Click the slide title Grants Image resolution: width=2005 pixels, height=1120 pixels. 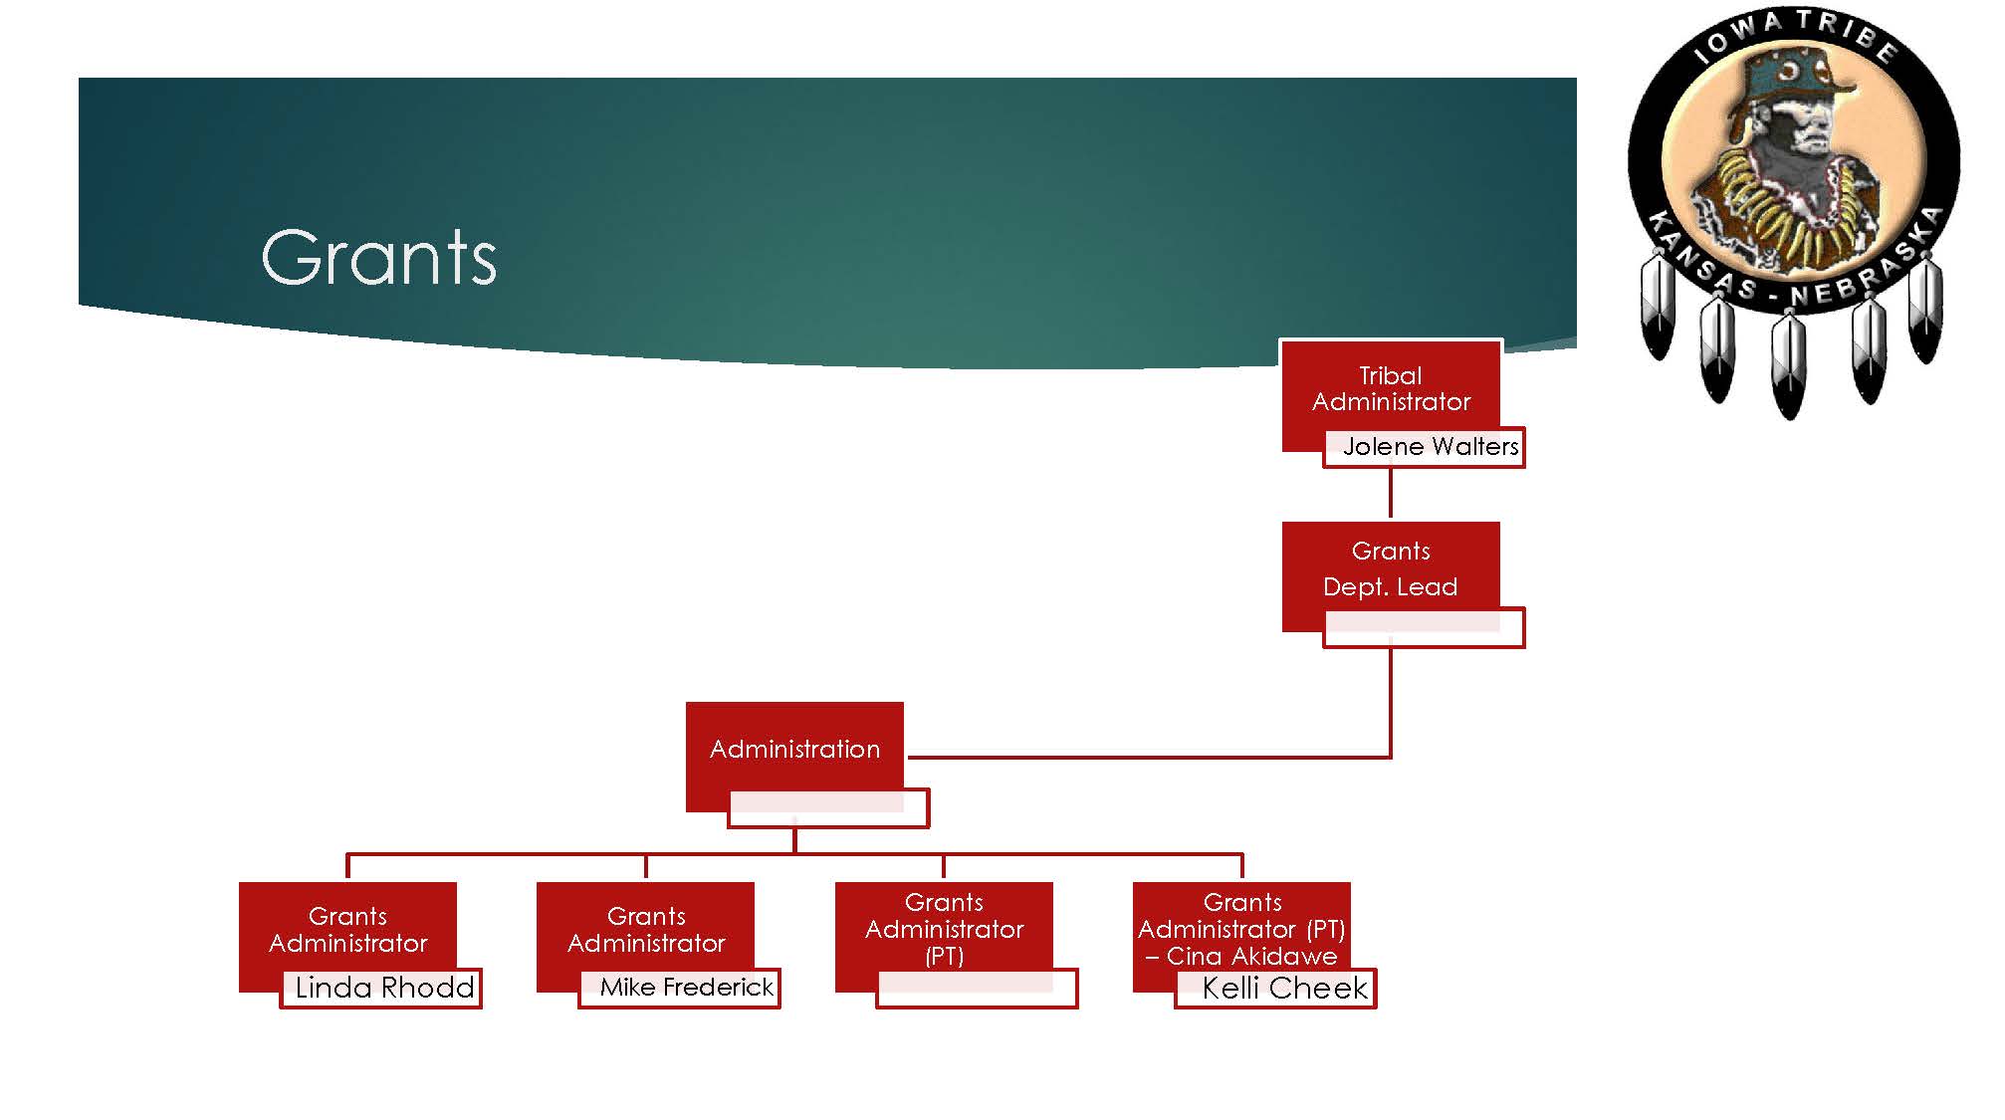click(x=378, y=258)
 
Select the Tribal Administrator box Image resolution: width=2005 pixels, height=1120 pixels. click(x=1390, y=388)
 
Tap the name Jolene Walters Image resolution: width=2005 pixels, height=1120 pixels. click(x=1430, y=447)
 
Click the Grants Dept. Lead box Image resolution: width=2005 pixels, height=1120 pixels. click(x=1390, y=568)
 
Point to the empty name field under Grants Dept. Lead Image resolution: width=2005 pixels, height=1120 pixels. click(x=1424, y=629)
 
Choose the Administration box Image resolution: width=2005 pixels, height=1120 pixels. click(x=794, y=749)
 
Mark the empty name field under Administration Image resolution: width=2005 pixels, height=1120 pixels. click(x=828, y=808)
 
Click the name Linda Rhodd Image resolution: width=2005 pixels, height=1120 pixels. click(x=384, y=988)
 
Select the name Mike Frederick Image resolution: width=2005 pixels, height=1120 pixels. click(x=686, y=988)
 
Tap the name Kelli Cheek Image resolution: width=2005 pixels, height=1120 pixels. click(x=1284, y=989)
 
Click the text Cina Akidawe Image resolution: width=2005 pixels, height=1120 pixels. click(x=1251, y=957)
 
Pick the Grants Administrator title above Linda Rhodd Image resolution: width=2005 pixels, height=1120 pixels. click(x=347, y=929)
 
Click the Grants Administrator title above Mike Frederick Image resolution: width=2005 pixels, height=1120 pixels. click(x=646, y=929)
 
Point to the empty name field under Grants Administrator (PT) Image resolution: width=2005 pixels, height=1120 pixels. click(x=977, y=989)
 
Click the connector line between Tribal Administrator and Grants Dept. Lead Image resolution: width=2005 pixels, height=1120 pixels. click(x=1390, y=494)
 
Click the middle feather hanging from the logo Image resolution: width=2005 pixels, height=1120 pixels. click(x=1789, y=363)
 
